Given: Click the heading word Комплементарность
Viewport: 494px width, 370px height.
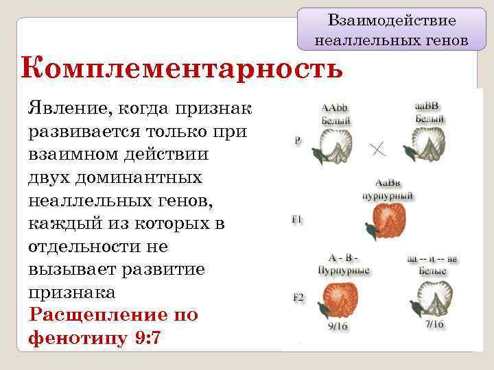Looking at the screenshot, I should point(182,70).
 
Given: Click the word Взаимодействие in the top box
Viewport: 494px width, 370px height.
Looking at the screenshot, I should point(392,21).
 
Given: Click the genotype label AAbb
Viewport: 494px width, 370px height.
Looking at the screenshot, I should point(336,108).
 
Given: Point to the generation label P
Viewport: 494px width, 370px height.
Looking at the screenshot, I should point(297,140).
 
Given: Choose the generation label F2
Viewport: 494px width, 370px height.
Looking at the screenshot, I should point(298,298).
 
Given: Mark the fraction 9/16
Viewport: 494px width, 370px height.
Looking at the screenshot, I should point(337,326).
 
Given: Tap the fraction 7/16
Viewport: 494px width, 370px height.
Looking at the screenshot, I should point(434,324).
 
